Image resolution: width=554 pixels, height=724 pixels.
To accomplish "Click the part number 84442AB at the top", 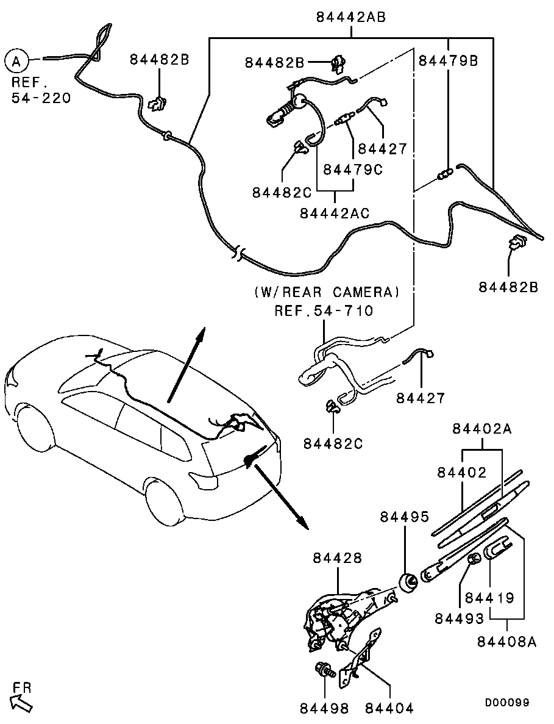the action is coord(351,17).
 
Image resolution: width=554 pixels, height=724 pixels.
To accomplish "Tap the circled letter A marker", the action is coord(16,60).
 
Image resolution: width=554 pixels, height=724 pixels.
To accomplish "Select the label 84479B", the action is coord(448,60).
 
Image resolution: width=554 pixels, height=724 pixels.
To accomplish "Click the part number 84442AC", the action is coord(335,213).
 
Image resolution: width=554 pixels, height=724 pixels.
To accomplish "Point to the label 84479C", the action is coord(353,170).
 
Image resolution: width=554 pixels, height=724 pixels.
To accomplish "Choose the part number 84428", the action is coord(338,557).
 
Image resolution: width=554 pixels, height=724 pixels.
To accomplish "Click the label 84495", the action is coord(405,517).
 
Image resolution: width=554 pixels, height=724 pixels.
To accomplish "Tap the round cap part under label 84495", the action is coord(408,582).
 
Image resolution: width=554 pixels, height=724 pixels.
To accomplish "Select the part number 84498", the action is coord(324,708).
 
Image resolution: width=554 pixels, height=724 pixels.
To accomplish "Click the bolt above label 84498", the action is coord(324,669).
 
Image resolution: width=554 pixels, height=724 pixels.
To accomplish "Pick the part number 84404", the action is coord(390,708).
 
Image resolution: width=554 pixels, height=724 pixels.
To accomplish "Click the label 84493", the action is coord(460,618).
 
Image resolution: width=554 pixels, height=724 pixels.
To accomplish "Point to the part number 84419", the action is coord(489,598).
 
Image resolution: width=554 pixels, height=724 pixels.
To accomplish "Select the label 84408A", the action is coord(507,641).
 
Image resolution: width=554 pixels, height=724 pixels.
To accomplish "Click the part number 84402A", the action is coord(482,429).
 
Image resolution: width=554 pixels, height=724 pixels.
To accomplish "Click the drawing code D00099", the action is coord(507,702).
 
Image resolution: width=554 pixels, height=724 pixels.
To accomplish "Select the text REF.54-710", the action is coord(324,310).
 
